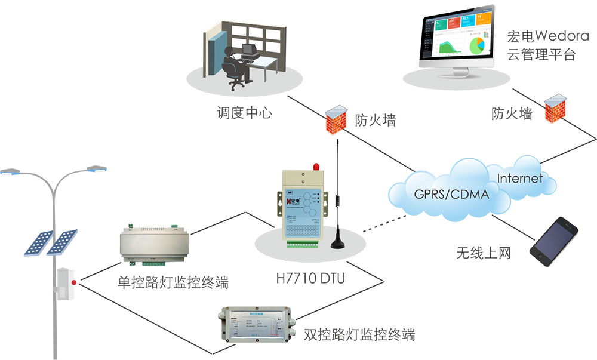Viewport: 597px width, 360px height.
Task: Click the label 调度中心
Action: [x=244, y=112]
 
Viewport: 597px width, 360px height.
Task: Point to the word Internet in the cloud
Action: [x=519, y=178]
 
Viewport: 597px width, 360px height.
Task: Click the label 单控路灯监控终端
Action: [x=173, y=282]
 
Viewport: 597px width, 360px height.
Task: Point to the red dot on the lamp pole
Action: [x=74, y=282]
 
